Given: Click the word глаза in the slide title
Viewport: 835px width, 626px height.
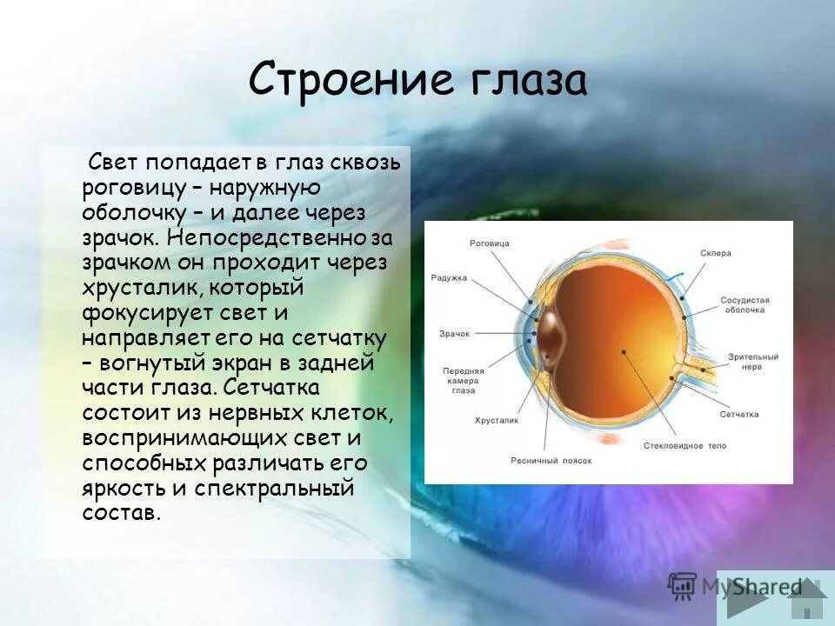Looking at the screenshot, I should [x=528, y=81].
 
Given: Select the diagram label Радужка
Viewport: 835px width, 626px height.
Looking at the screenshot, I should [x=449, y=278].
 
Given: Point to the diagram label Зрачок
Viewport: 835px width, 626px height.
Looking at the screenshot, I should [x=453, y=333].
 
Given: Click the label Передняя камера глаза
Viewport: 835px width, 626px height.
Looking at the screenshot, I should [x=463, y=381].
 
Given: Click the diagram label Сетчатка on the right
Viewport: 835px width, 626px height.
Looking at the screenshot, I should [x=738, y=415].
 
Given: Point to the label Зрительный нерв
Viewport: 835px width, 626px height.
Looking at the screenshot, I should [x=753, y=362].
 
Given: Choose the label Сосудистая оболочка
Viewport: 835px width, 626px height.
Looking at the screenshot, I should [x=745, y=304].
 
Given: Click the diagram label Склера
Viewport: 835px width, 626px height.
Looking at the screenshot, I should [x=715, y=253].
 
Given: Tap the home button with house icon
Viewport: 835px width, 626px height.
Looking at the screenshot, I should [x=811, y=600].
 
